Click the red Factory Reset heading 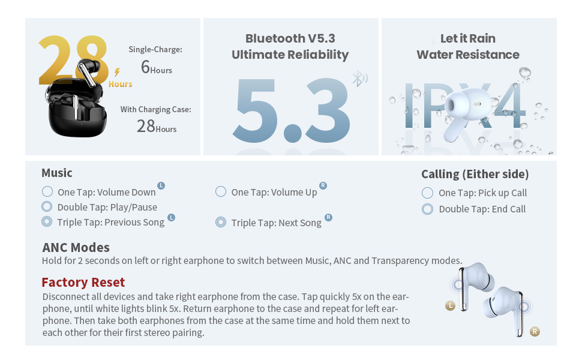[83, 283]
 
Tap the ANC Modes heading [76, 248]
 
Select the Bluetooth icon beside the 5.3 [359, 79]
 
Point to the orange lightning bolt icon [117, 71]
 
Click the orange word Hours [120, 84]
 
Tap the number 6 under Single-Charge [145, 67]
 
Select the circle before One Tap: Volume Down [47, 191]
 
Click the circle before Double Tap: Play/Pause [47, 206]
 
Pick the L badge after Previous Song [171, 217]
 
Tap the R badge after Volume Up [323, 185]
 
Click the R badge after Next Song [328, 217]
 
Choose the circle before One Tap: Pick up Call [427, 193]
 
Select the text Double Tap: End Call [482, 209]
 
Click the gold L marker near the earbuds [450, 306]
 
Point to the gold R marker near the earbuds [535, 332]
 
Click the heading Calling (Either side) [475, 174]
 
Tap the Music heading [57, 173]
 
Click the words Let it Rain [468, 38]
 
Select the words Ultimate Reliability [290, 55]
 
